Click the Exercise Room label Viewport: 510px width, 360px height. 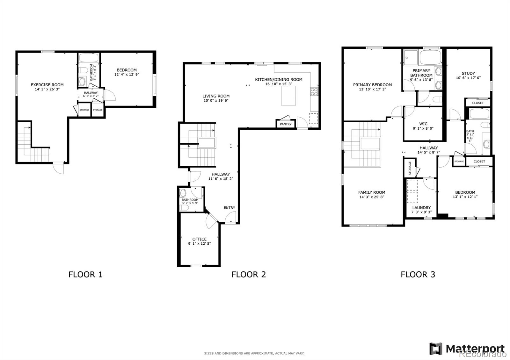(47, 85)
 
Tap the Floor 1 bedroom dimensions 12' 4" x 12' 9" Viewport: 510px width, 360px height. (127, 75)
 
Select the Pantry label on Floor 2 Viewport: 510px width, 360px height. (286, 124)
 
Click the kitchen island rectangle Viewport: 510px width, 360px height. (288, 96)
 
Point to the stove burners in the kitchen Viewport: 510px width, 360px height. (314, 91)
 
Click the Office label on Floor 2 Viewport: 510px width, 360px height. (199, 239)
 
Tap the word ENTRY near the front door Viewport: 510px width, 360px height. (229, 208)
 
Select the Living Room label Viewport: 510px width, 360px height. (216, 96)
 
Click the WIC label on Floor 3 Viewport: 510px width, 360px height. (423, 124)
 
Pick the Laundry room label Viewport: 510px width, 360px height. (421, 207)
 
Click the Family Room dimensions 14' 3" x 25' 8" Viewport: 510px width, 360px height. (372, 197)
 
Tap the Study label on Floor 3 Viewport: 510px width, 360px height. (468, 73)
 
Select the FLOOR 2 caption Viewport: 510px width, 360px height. (249, 274)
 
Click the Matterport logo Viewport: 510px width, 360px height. (467, 349)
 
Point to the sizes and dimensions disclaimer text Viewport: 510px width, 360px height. (254, 353)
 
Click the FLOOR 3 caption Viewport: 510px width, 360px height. (418, 274)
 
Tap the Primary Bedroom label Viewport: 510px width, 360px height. (372, 85)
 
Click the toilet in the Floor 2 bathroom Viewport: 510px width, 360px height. (184, 208)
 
